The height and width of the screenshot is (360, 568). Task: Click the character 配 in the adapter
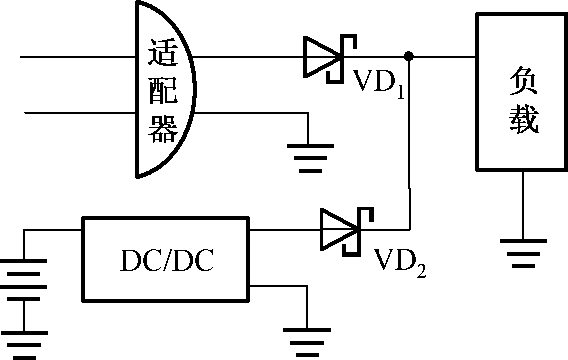pos(162,90)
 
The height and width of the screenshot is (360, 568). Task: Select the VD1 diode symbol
pos(326,55)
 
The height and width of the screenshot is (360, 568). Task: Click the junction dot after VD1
pos(408,56)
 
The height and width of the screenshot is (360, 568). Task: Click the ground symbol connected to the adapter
pos(309,155)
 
